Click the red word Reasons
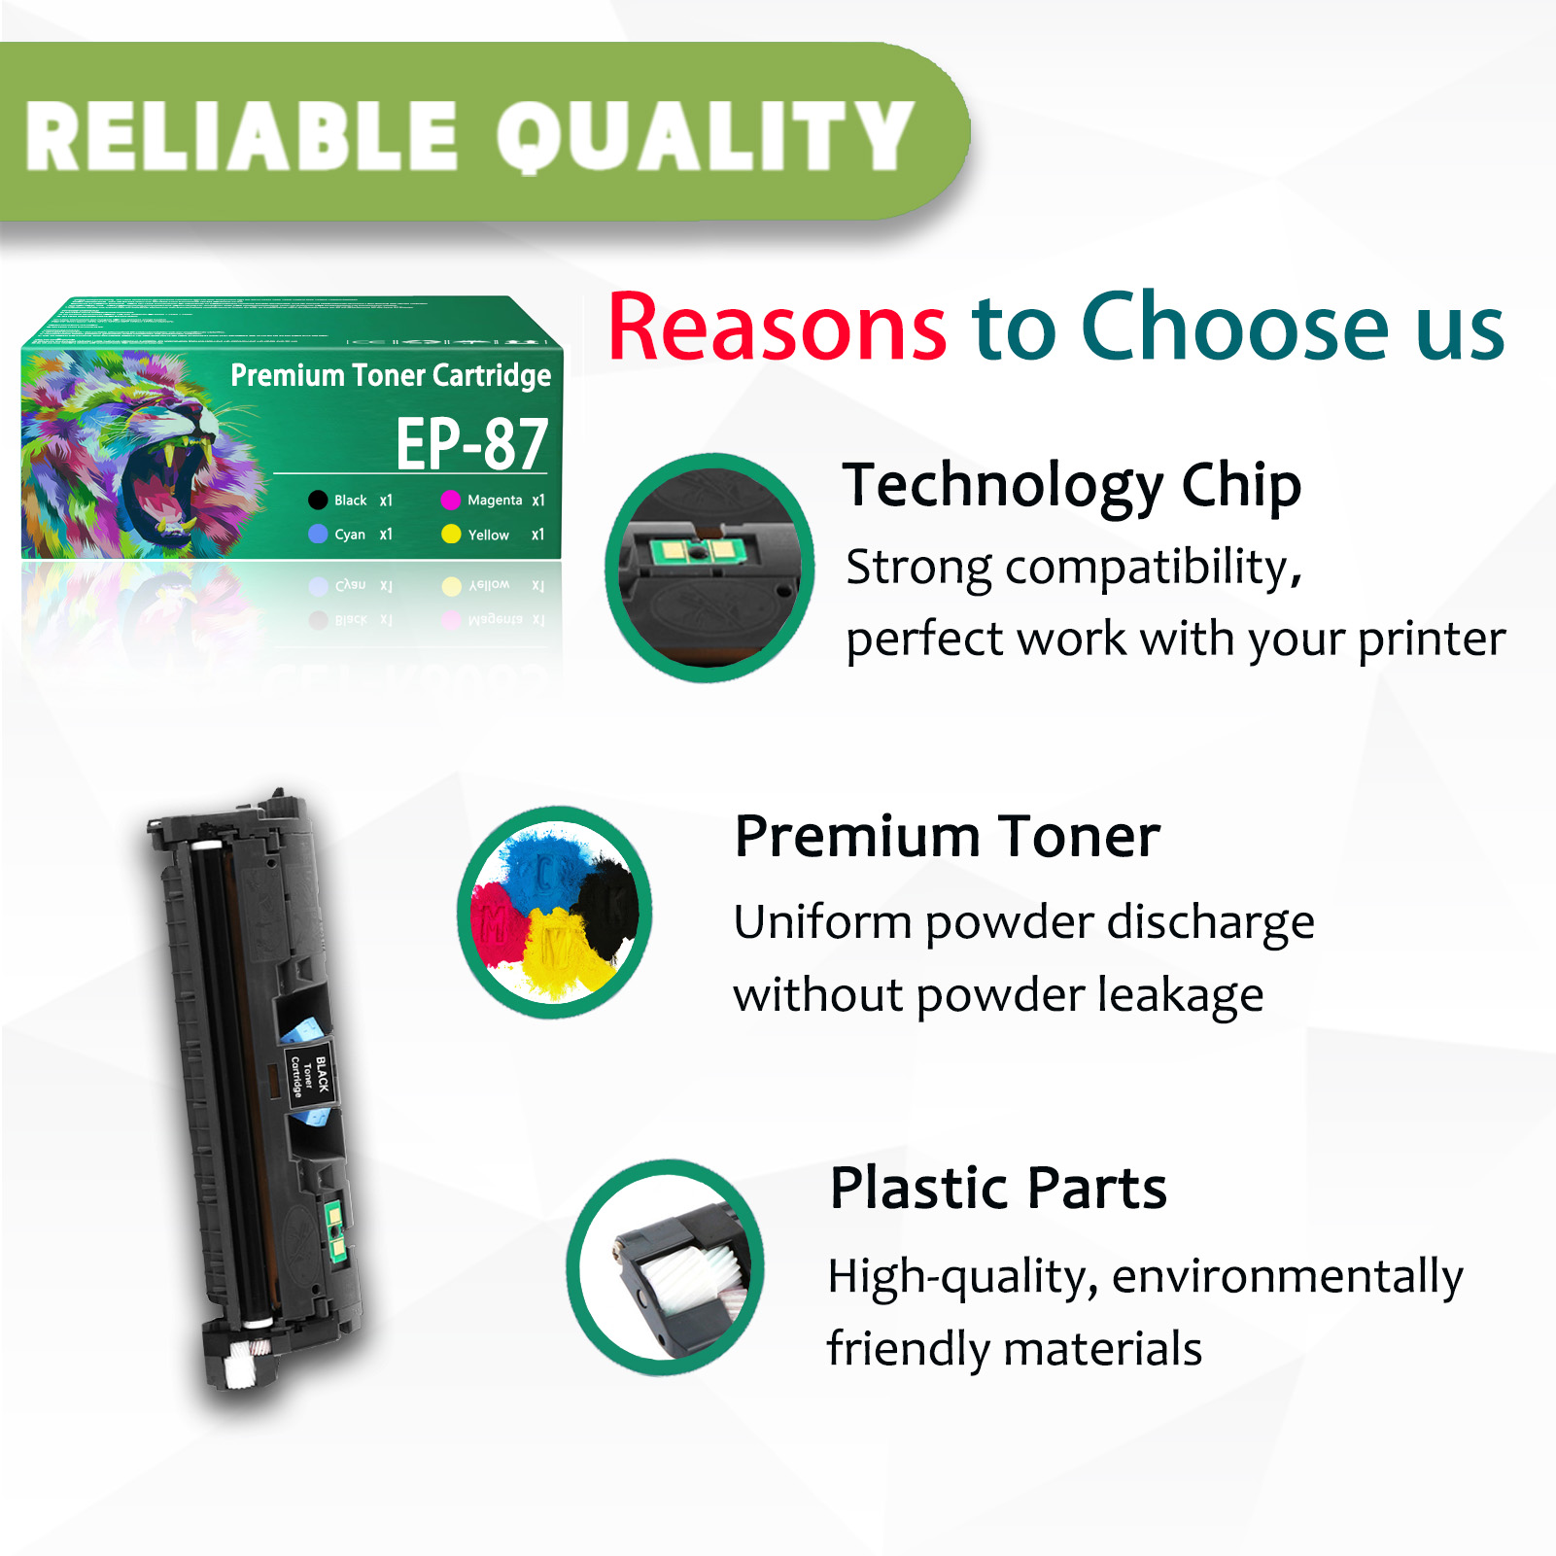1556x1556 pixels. (777, 328)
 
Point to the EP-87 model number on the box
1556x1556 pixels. (472, 444)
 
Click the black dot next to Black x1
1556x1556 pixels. (318, 501)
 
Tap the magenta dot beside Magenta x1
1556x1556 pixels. (450, 501)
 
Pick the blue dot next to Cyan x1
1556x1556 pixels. (318, 534)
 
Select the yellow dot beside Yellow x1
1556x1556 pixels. (451, 534)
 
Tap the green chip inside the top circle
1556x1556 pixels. (697, 552)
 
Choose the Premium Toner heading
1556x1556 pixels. (948, 836)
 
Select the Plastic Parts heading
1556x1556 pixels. (998, 1188)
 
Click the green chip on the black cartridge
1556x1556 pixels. (334, 1230)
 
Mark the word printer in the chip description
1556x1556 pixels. (1431, 640)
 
